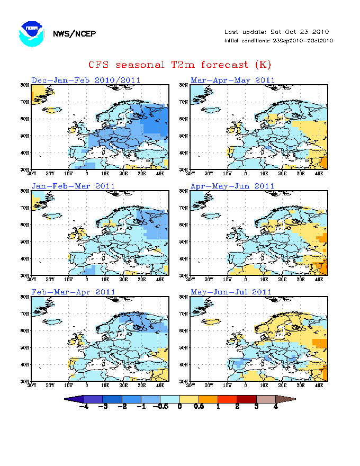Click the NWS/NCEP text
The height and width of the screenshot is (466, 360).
tap(74, 34)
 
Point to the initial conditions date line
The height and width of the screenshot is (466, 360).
tap(278, 40)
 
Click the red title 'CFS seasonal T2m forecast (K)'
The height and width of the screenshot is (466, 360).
tap(179, 65)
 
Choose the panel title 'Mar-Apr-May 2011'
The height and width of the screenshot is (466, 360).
tap(234, 80)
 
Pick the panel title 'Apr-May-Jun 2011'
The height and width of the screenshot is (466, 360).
tap(234, 186)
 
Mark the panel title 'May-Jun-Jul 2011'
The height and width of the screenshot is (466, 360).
tap(233, 292)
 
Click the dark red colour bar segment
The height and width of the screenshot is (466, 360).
tap(247, 399)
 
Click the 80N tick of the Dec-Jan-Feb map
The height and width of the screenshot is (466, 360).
tap(24, 85)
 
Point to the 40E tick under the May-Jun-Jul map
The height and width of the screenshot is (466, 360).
tap(319, 385)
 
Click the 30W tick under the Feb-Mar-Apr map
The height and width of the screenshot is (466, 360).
tap(32, 385)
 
